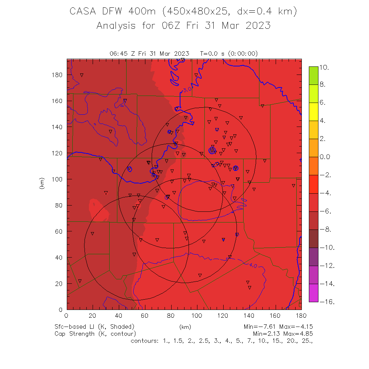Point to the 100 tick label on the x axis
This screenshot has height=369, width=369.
point(197,315)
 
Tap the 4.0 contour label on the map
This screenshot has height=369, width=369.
point(253,265)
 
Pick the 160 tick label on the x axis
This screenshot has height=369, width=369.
point(275,315)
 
